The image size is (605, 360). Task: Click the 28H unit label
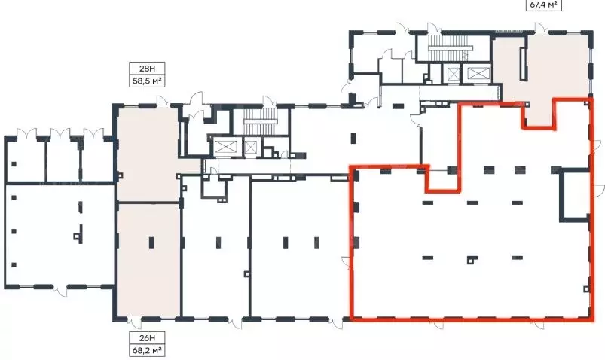click(x=147, y=69)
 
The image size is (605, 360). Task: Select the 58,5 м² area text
click(x=147, y=81)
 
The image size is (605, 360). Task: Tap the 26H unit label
click(x=147, y=338)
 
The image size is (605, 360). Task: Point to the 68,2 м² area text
click(x=147, y=350)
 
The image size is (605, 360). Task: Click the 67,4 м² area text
click(x=543, y=5)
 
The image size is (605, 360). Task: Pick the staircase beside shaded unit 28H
click(x=261, y=121)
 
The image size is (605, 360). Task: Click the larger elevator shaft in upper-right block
click(x=478, y=73)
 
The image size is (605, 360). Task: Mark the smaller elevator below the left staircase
click(x=251, y=147)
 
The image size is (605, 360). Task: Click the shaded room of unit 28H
click(x=148, y=154)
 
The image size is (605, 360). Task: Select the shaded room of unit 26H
click(x=148, y=260)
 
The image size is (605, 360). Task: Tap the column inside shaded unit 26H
click(x=151, y=243)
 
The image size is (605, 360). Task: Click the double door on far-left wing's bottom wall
click(x=60, y=290)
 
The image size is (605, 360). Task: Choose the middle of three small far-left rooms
click(x=63, y=160)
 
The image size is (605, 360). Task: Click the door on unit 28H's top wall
click(x=163, y=101)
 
